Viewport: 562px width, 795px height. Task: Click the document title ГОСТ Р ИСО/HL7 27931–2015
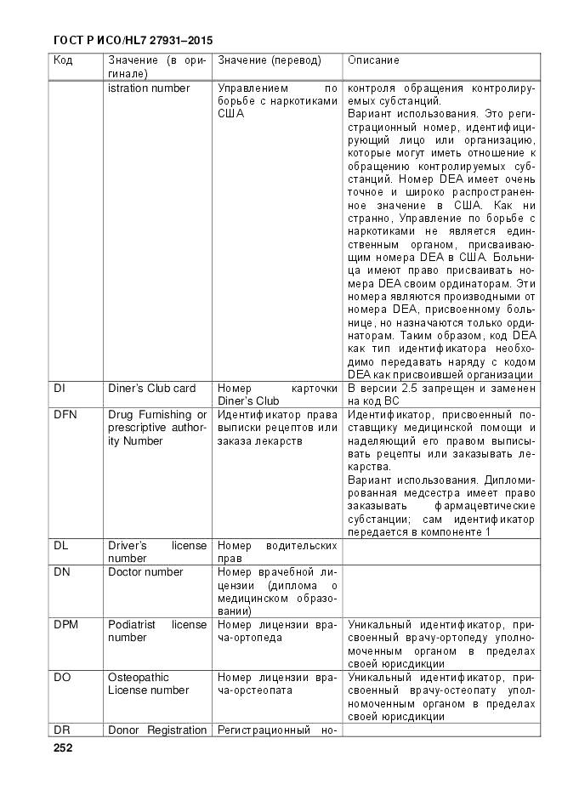133,40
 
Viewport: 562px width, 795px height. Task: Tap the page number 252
63,748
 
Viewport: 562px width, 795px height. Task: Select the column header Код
63,60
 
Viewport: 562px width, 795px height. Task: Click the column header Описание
372,60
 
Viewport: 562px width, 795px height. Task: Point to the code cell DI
59,388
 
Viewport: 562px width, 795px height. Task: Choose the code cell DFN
65,414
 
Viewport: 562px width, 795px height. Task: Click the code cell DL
60,546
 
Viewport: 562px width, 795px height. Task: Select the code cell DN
61,572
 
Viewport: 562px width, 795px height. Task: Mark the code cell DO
62,678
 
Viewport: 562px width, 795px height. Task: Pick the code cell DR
61,730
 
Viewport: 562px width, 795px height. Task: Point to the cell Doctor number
145,572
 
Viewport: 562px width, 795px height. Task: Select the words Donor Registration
157,730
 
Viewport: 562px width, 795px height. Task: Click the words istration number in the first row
149,88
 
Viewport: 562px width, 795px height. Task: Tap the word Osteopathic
139,678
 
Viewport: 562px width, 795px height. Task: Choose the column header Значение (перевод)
270,60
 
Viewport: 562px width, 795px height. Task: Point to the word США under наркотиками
230,114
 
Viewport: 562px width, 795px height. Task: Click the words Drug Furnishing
156,414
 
